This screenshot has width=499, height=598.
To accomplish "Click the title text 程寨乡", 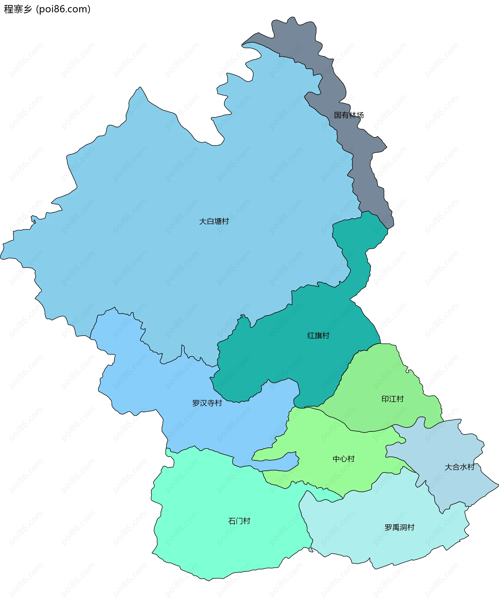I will coord(18,9).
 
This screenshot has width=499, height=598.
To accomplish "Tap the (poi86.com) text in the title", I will coord(63,9).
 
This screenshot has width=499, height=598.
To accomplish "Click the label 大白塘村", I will coord(214,221).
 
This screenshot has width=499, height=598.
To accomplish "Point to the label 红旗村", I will coord(318,335).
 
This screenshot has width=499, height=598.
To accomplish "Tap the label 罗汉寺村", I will coord(207,403).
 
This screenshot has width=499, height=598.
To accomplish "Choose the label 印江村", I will coord(392,399).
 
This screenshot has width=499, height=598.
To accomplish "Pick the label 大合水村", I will coord(459,467).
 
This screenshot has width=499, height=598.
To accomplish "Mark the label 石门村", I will coord(239,521).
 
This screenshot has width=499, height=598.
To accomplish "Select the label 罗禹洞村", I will coord(399,527).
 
